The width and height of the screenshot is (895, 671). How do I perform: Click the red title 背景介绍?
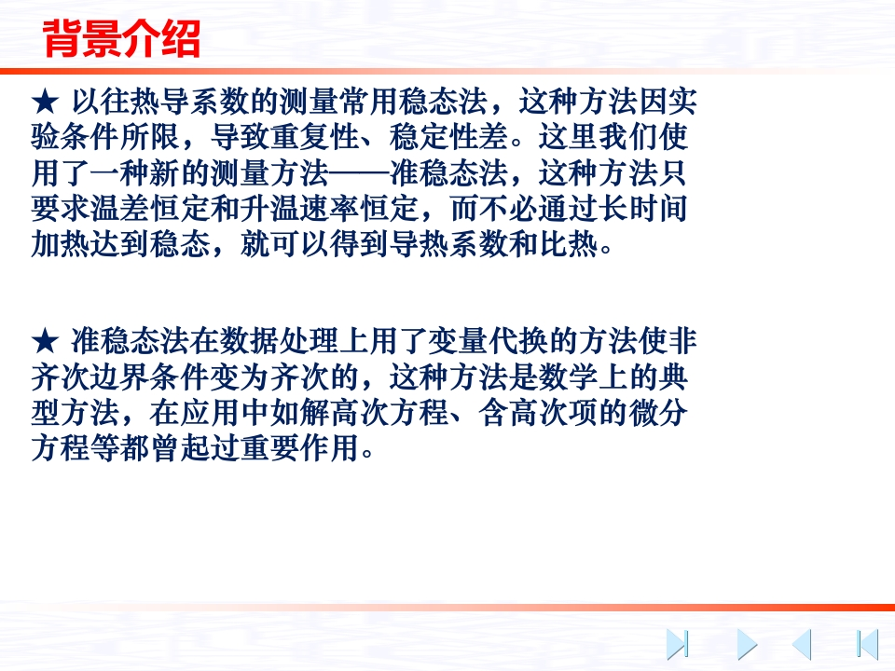(121, 38)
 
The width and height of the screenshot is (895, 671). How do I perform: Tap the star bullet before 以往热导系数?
(45, 103)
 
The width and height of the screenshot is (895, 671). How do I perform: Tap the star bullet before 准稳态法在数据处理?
(45, 342)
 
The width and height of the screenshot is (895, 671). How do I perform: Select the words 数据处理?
(279, 341)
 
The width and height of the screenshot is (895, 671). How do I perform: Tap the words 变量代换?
(487, 341)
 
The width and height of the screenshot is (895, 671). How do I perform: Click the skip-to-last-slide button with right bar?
(678, 644)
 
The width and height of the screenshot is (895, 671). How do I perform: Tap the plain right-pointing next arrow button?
(747, 644)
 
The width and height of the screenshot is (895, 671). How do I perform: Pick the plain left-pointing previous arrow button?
(802, 644)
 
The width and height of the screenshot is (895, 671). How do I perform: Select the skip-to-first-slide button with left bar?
(868, 644)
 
